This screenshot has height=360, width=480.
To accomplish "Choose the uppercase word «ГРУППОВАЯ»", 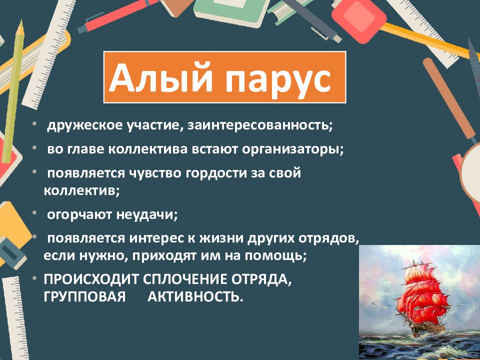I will [84, 297].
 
